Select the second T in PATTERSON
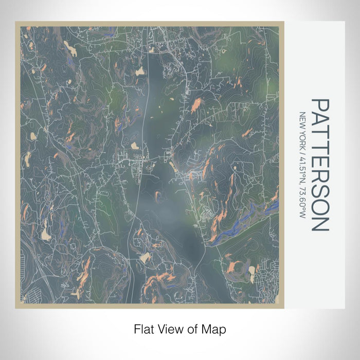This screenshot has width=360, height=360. (320, 148)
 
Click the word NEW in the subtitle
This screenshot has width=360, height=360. (302, 119)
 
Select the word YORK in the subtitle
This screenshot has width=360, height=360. (302, 137)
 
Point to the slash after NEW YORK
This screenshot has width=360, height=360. (302, 151)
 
